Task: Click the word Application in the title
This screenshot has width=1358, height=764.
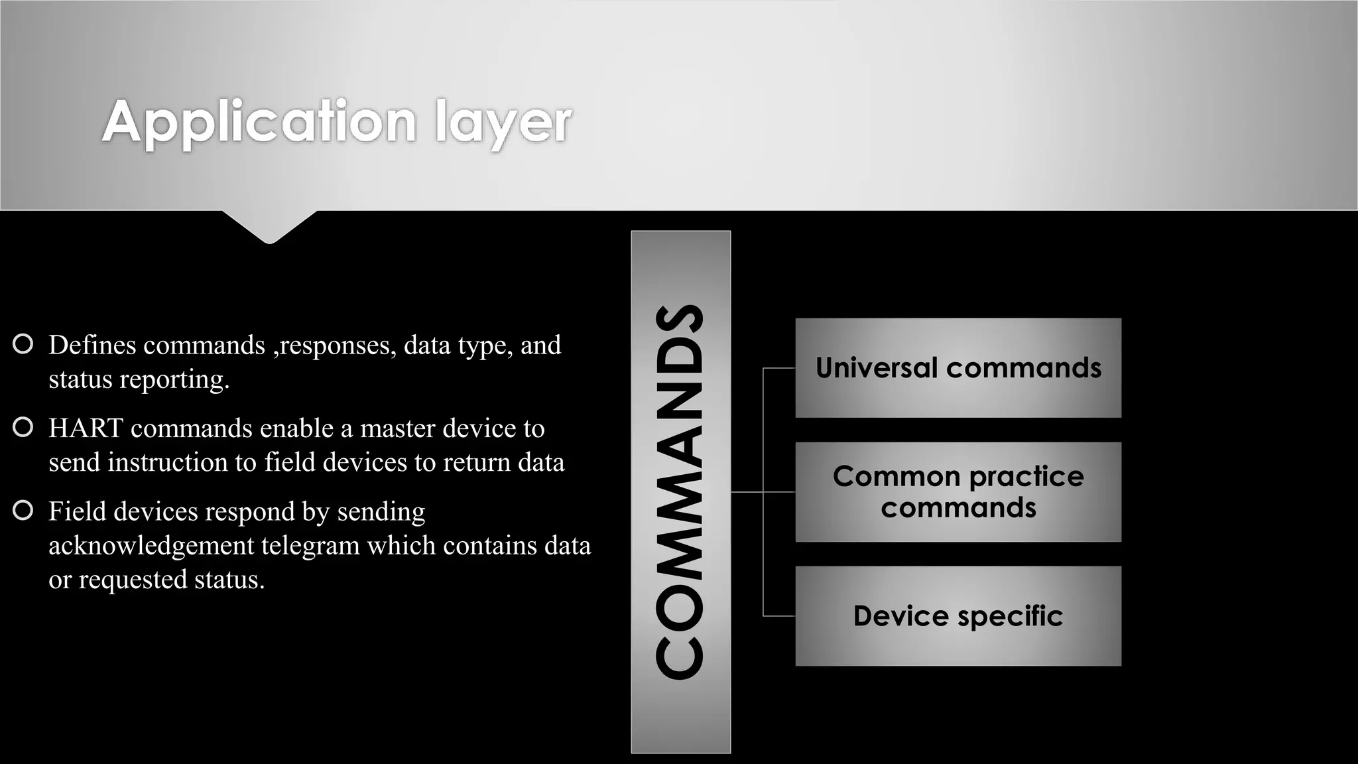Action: click(x=259, y=122)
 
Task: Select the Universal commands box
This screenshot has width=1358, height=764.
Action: click(x=957, y=368)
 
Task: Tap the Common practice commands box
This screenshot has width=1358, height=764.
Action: click(x=957, y=492)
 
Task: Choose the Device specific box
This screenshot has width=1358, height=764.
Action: click(x=957, y=616)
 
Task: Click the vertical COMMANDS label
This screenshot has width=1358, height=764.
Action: click(x=680, y=492)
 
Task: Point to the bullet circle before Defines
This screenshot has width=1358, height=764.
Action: click(x=23, y=344)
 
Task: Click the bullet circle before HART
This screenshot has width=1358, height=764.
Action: click(x=23, y=428)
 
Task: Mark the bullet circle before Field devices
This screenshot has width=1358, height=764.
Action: click(x=23, y=511)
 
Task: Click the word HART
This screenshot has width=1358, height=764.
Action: click(x=86, y=428)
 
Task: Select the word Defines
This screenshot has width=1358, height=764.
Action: click(x=92, y=345)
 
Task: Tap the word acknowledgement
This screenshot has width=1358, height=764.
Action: click(x=151, y=546)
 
